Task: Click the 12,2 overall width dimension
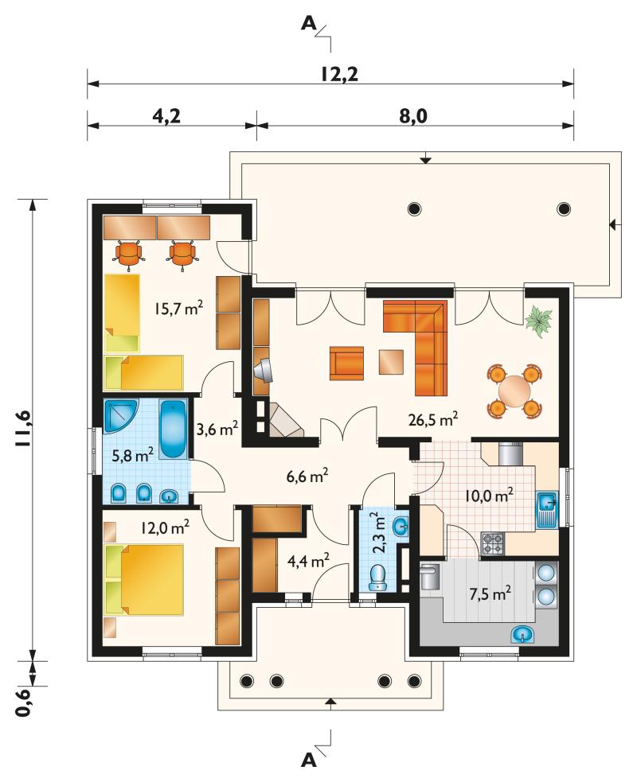[x=339, y=74]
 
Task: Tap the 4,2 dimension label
[x=166, y=116]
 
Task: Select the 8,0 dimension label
[x=412, y=116]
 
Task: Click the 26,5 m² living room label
[x=433, y=419]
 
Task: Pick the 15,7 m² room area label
[x=178, y=309]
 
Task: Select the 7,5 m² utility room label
[x=490, y=594]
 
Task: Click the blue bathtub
[x=173, y=429]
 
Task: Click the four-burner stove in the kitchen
[x=493, y=543]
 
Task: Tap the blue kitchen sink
[x=547, y=510]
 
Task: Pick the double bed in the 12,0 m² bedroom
[x=144, y=579]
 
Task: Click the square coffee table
[x=391, y=362]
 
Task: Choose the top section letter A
[x=309, y=23]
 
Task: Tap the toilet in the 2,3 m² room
[x=378, y=578]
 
